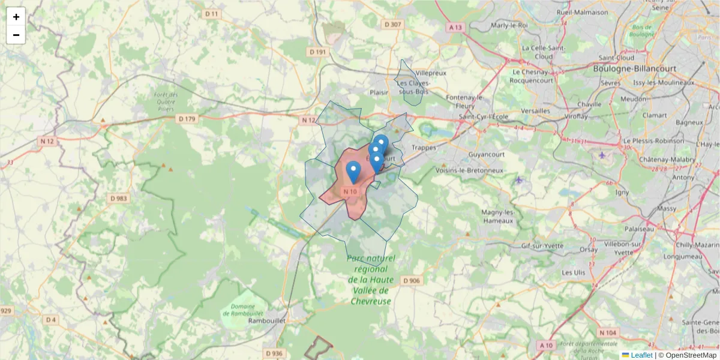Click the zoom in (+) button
click(16, 17)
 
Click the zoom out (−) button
click(16, 35)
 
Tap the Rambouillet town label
click(266, 321)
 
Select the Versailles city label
click(535, 110)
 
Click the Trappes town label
click(424, 147)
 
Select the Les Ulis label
click(573, 272)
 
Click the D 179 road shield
click(187, 119)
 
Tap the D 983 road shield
click(119, 198)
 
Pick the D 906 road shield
click(412, 281)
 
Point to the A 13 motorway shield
click(455, 27)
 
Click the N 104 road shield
click(607, 332)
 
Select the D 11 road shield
click(212, 13)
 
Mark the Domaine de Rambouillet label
click(244, 310)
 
